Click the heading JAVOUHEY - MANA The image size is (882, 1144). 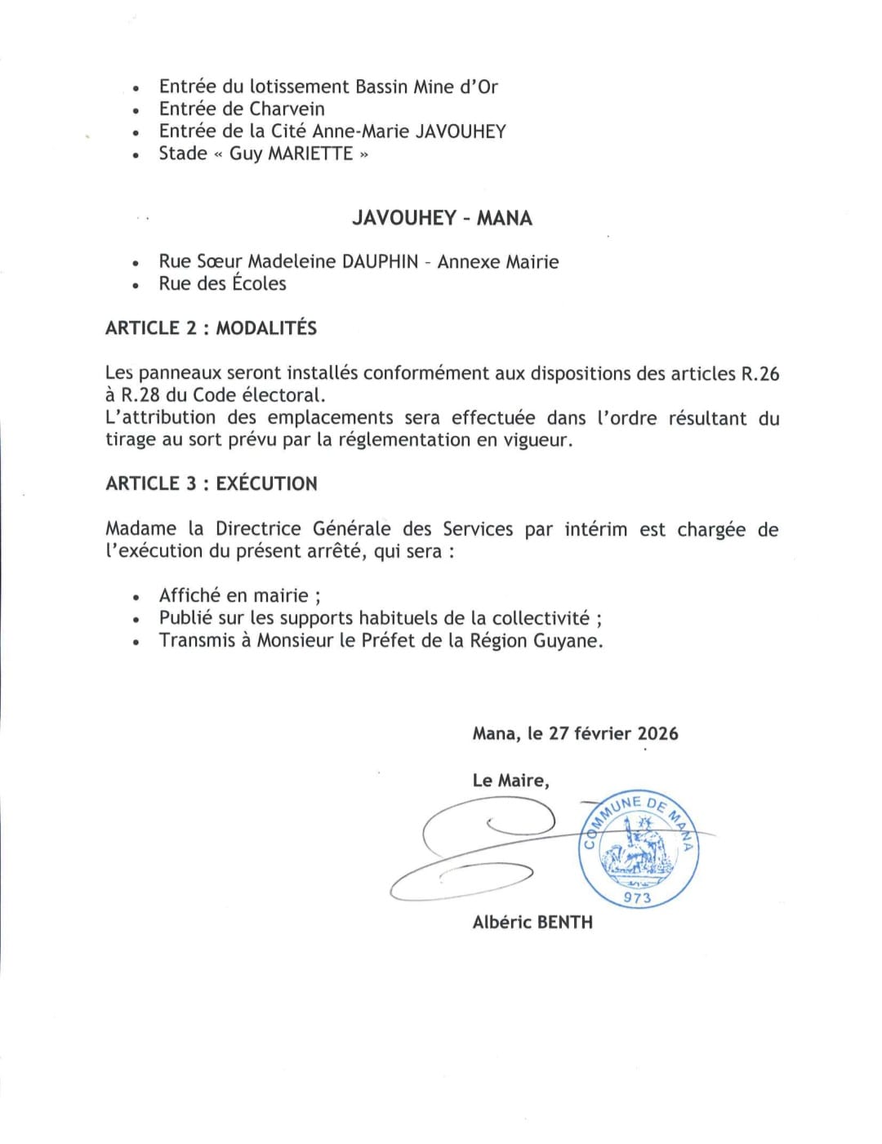point(442,218)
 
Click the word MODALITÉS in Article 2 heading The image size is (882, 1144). point(266,328)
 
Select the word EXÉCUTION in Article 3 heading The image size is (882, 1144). point(266,483)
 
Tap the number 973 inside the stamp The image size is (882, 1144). point(637,897)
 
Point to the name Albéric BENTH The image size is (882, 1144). point(532,922)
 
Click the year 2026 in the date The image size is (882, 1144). point(657,733)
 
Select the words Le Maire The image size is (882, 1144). point(510,781)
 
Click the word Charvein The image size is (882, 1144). point(287,109)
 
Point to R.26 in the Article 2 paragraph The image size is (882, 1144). point(759,374)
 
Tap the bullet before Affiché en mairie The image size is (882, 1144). point(136,598)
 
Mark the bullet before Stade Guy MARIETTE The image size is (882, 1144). point(136,155)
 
